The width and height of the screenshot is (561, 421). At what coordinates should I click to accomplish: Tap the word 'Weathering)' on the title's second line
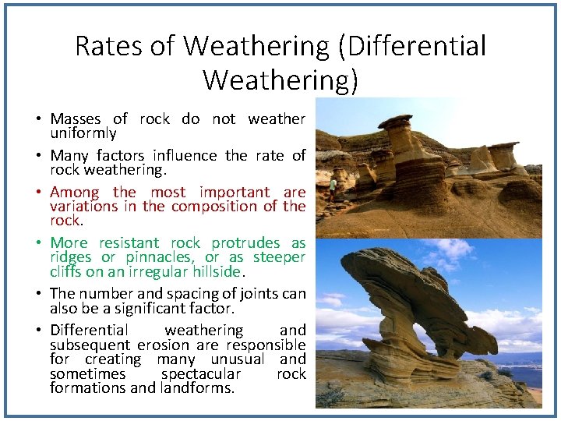(280, 80)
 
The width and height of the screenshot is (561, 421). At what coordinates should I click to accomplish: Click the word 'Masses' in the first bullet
(76, 119)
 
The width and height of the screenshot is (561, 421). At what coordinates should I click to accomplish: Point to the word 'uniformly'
(83, 133)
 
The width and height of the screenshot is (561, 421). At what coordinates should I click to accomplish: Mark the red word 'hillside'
(216, 272)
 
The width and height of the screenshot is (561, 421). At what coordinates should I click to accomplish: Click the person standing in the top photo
(333, 187)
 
